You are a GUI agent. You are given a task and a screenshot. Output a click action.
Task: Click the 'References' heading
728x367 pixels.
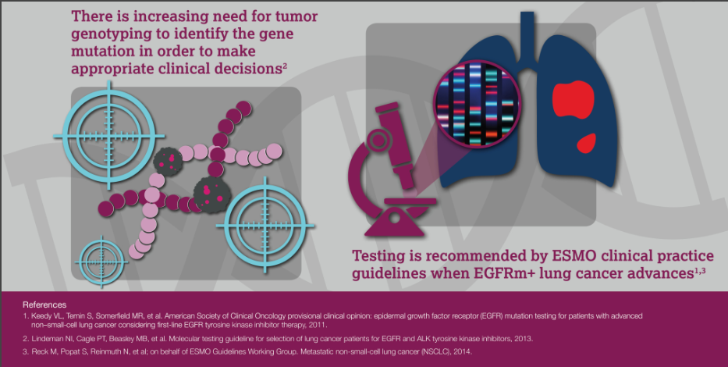44,305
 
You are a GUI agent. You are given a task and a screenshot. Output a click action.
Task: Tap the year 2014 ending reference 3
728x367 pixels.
463,351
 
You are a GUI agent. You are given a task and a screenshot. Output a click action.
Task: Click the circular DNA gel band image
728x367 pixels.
478,104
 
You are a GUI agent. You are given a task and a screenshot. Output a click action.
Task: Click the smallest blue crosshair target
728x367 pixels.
101,262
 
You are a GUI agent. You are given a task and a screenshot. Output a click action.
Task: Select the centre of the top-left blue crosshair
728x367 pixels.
109,136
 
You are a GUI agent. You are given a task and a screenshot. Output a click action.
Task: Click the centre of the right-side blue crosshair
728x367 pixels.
265,226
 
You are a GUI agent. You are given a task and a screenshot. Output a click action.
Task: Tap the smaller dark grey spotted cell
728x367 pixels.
167,161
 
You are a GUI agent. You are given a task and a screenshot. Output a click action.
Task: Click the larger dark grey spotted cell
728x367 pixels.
212,195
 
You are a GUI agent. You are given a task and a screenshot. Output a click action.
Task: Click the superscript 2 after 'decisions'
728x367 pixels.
285,66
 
